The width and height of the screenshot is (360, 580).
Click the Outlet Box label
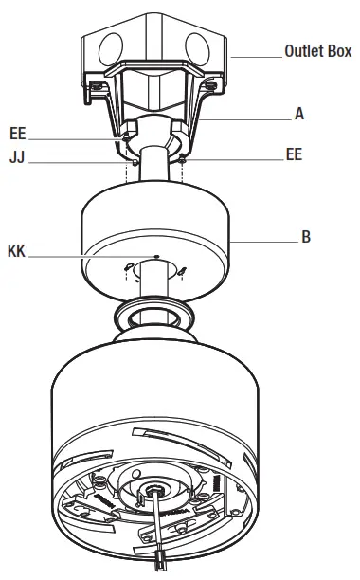coord(318,51)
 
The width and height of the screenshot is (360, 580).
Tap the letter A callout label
coord(299,114)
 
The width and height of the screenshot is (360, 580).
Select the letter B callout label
coord(306,237)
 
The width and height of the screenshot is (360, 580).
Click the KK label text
coord(16,251)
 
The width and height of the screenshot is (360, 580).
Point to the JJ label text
coord(17,157)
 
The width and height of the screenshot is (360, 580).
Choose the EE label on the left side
coord(18,134)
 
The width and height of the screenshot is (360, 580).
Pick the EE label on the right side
coord(294,154)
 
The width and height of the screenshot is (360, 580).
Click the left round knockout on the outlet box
coord(111,48)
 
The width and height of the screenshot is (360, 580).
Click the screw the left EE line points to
coord(126,138)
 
